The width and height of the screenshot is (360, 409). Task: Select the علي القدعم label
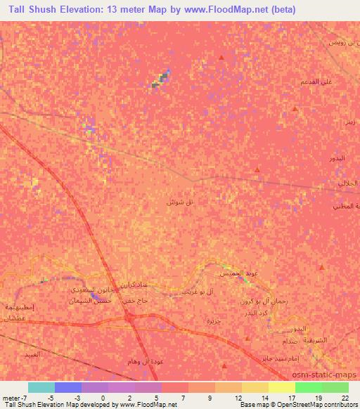[315, 82]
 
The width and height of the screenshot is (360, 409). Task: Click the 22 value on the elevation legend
[345, 397]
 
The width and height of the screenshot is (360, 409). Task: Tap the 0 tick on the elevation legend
[103, 397]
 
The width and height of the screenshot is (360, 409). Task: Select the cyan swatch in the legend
[41, 387]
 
